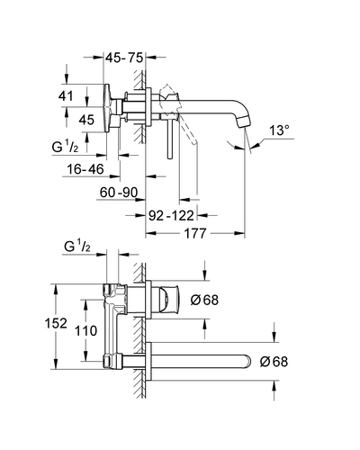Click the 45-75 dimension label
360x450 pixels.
pyautogui.click(x=124, y=58)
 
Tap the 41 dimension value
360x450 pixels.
pyautogui.click(x=66, y=96)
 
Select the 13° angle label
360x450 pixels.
pyautogui.click(x=280, y=130)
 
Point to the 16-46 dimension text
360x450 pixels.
pyautogui.click(x=85, y=169)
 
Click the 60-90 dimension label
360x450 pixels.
pyautogui.click(x=119, y=193)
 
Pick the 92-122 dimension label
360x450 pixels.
pyautogui.click(x=171, y=215)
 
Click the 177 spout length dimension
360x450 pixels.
pyautogui.click(x=195, y=233)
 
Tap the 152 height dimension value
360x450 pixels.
pyautogui.click(x=56, y=323)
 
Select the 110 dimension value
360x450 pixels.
pyautogui.click(x=85, y=331)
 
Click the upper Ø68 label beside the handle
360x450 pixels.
pyautogui.click(x=204, y=300)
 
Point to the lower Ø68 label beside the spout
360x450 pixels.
pyautogui.click(x=274, y=362)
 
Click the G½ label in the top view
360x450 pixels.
pyautogui.click(x=65, y=147)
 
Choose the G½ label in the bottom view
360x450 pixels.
pyautogui.click(x=77, y=247)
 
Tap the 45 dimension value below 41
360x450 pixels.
pyautogui.click(x=86, y=120)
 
